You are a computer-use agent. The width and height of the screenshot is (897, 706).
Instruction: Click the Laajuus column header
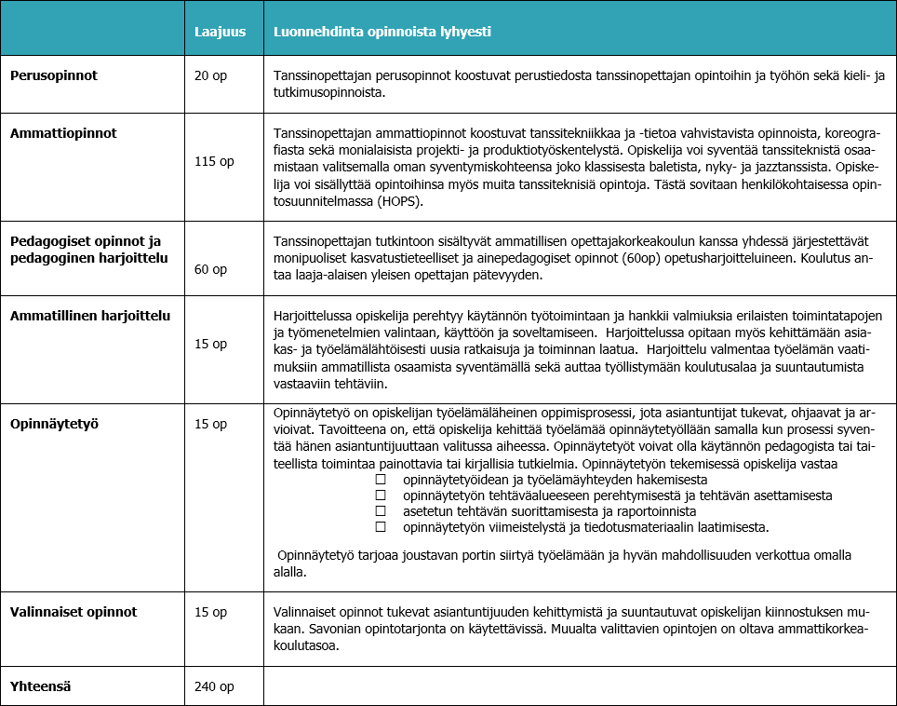click(220, 31)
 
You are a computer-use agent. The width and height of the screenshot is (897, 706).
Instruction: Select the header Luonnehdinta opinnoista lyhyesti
click(382, 31)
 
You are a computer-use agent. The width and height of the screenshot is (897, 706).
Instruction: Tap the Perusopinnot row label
click(54, 75)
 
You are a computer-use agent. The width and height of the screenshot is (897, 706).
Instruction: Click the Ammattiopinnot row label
click(63, 133)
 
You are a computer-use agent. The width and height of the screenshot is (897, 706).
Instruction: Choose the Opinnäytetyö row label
click(55, 424)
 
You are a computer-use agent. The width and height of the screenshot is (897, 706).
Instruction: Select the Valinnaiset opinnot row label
click(74, 612)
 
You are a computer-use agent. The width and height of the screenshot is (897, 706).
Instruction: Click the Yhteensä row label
click(41, 686)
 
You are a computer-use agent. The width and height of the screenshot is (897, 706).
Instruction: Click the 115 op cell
click(214, 161)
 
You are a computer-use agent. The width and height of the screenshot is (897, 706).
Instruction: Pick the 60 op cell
click(211, 269)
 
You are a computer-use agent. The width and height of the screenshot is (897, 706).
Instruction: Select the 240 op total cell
click(214, 686)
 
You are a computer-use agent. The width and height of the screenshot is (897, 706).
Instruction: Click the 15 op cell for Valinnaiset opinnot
click(211, 612)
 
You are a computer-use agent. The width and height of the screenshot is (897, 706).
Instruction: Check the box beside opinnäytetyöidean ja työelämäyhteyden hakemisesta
click(380, 479)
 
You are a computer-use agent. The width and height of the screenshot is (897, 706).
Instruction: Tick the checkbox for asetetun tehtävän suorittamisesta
click(380, 511)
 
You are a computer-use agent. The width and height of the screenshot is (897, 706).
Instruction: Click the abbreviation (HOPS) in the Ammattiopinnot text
click(399, 200)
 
